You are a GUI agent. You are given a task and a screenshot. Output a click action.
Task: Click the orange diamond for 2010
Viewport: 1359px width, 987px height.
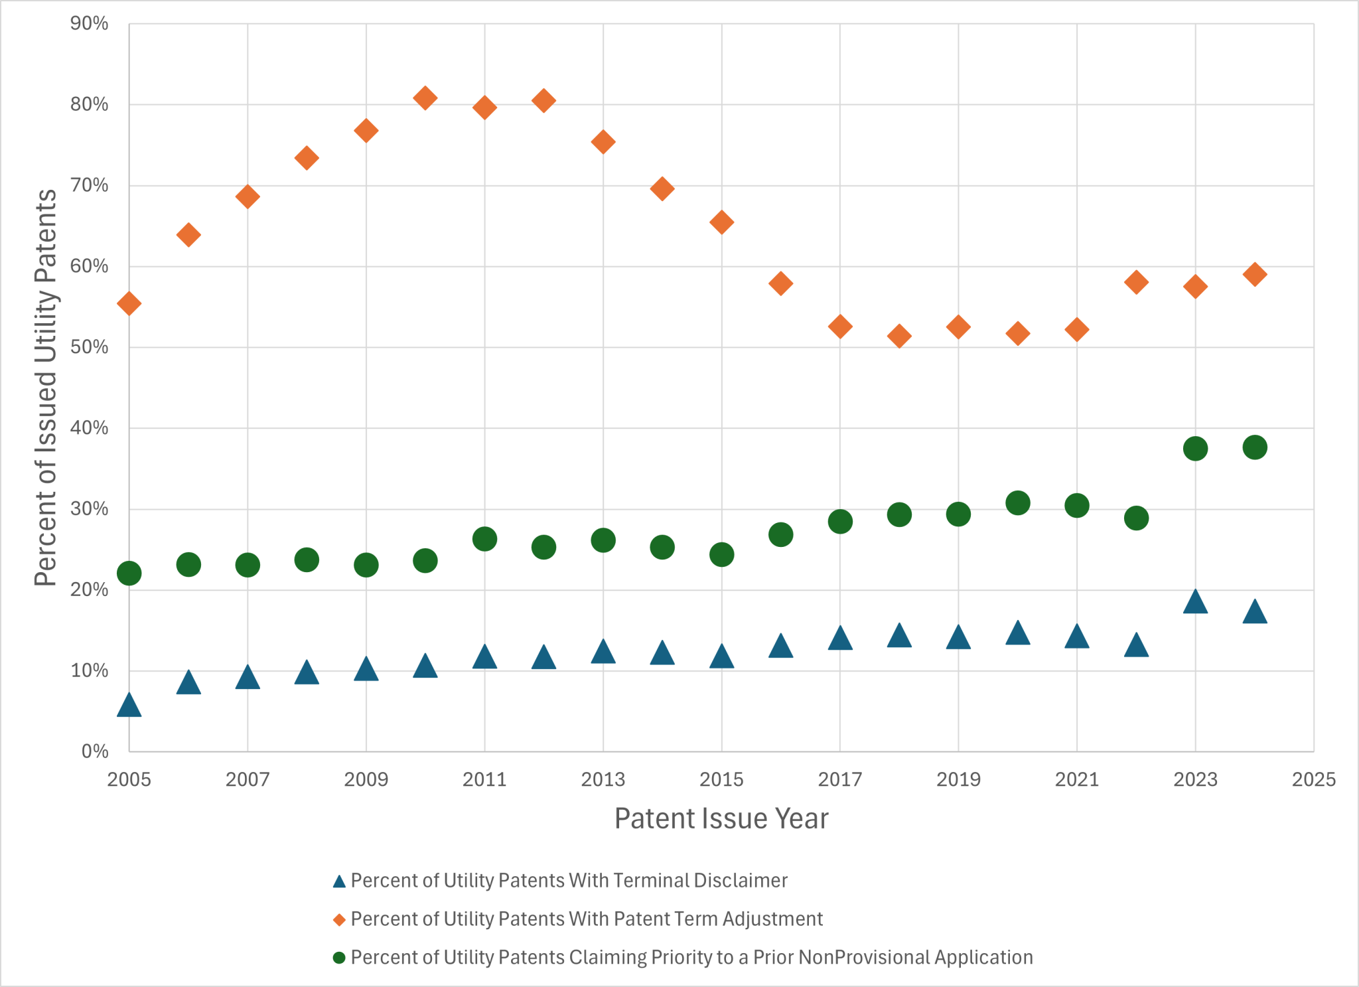pyautogui.click(x=425, y=98)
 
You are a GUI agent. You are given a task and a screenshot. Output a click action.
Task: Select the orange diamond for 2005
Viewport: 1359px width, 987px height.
pyautogui.click(x=129, y=304)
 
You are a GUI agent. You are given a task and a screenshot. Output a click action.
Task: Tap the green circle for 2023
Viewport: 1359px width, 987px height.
pyautogui.click(x=1195, y=449)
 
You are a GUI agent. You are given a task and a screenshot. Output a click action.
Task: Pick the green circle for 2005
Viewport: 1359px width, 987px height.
pyautogui.click(x=129, y=573)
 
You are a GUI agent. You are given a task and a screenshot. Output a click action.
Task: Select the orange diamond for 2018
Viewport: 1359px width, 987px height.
pyautogui.click(x=899, y=337)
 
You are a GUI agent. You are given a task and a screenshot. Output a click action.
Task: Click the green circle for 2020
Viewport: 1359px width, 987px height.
pyautogui.click(x=1017, y=503)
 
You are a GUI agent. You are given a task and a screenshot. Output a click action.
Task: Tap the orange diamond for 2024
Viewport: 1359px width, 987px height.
pyautogui.click(x=1254, y=274)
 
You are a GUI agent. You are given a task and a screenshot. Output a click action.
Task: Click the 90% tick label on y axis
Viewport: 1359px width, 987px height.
pyautogui.click(x=89, y=24)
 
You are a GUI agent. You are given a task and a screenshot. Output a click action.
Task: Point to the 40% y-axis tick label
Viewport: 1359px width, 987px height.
pyautogui.click(x=89, y=428)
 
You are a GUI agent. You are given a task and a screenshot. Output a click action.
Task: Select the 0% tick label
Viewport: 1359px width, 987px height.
pyautogui.click(x=94, y=751)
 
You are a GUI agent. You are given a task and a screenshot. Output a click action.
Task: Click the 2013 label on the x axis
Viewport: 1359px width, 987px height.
pyautogui.click(x=603, y=779)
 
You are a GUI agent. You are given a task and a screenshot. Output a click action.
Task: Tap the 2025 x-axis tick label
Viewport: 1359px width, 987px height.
pyautogui.click(x=1313, y=779)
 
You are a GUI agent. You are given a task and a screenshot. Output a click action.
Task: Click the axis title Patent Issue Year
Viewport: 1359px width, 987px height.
pyautogui.click(x=721, y=818)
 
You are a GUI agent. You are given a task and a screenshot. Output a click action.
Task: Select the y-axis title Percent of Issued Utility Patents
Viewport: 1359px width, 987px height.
pyautogui.click(x=45, y=388)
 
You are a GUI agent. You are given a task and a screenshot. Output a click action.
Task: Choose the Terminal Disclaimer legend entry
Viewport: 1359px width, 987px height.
pyautogui.click(x=569, y=881)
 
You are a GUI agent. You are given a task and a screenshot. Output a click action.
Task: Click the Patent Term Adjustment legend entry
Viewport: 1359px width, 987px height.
pyautogui.click(x=586, y=919)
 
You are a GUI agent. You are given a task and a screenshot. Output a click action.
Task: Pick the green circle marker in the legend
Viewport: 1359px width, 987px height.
pyautogui.click(x=339, y=958)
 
